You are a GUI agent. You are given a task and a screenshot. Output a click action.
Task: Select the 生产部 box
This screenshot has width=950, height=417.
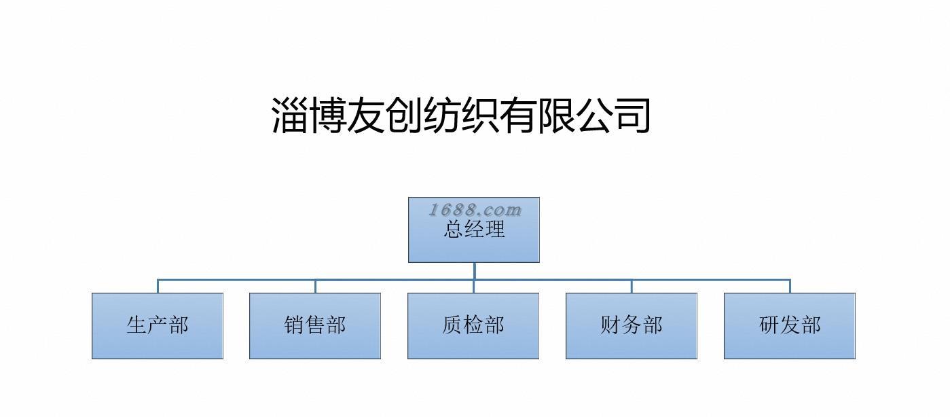(158, 325)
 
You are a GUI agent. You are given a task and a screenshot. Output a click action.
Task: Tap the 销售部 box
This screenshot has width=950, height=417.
(315, 325)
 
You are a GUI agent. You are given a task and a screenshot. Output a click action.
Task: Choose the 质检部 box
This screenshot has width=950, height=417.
(473, 325)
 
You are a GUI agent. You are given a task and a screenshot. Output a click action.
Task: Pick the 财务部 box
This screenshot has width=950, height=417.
(632, 325)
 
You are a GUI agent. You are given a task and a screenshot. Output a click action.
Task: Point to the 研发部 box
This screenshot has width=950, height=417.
(790, 325)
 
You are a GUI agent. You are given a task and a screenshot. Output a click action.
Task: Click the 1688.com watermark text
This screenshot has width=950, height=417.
(475, 210)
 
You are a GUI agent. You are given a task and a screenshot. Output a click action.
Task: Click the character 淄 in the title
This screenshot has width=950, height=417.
(290, 115)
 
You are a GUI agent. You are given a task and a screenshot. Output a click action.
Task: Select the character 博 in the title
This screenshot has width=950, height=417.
(328, 115)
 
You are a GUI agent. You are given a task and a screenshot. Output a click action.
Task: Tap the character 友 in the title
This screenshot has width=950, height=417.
(366, 115)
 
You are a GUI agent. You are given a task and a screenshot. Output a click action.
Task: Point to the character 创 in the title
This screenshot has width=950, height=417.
(404, 115)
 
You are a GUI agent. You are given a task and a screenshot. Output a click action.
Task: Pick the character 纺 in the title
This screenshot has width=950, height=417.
(442, 115)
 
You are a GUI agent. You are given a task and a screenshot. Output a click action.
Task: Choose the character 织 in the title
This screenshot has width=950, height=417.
(480, 115)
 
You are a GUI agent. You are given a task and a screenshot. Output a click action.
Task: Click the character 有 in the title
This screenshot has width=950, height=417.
(518, 115)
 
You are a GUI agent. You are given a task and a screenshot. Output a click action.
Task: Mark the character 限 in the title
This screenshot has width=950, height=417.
(556, 115)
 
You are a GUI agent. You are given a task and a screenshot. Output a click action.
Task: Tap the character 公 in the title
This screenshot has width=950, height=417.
(594, 115)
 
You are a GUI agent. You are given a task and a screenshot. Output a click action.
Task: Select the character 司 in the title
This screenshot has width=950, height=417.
(632, 115)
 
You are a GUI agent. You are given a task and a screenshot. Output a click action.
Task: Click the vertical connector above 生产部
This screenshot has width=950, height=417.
(158, 286)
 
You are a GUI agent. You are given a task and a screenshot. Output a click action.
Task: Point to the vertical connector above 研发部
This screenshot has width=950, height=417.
(790, 286)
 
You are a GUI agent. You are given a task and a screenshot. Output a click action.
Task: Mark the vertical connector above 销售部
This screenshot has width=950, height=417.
(315, 286)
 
